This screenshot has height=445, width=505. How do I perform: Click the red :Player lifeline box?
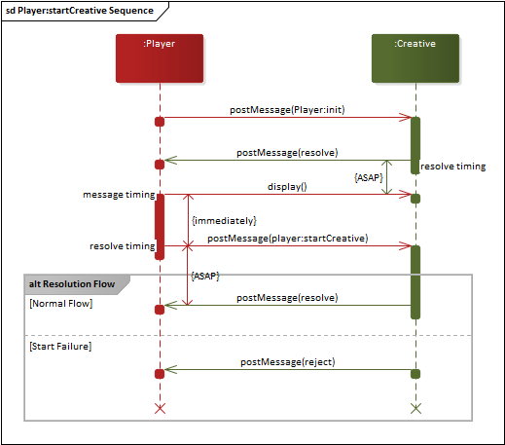159,57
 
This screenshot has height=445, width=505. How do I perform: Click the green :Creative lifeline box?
415,57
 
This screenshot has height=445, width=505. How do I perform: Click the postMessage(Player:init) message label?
287,110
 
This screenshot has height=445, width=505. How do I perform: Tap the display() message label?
287,186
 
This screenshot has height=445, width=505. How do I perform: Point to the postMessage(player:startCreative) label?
287,238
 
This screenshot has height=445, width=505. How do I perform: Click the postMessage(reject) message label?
287,361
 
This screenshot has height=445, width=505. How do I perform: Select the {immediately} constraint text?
224,221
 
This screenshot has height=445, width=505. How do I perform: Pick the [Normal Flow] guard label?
60,304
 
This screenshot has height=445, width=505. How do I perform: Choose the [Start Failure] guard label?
60,346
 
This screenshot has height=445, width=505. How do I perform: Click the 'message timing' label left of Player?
118,196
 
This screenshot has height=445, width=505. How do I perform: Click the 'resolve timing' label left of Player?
122,246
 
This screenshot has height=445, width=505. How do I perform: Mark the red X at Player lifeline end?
160,407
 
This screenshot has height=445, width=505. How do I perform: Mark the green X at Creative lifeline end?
415,407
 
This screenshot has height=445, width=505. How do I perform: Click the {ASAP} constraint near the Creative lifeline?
368,178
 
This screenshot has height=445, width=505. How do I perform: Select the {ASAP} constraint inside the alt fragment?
205,277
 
